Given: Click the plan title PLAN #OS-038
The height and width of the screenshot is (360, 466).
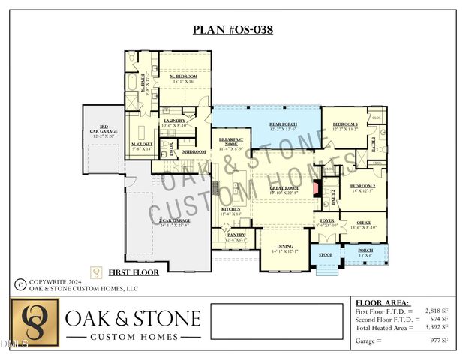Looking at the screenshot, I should tap(233, 31).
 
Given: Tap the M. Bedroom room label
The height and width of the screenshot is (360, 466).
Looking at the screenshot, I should tap(182, 77).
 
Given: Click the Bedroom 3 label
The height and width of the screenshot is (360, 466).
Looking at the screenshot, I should tap(345, 125).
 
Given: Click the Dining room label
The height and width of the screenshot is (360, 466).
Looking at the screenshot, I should tap(285, 247).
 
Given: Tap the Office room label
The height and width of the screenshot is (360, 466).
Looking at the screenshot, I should tap(363, 223).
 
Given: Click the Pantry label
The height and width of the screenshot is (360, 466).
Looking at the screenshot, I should tap(236, 236).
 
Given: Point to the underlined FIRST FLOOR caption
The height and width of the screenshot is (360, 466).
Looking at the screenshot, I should tap(134, 272).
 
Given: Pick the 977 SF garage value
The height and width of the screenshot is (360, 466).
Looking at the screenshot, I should tap(439, 340).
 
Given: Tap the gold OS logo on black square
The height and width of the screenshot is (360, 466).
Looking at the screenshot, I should tap(35, 322).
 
